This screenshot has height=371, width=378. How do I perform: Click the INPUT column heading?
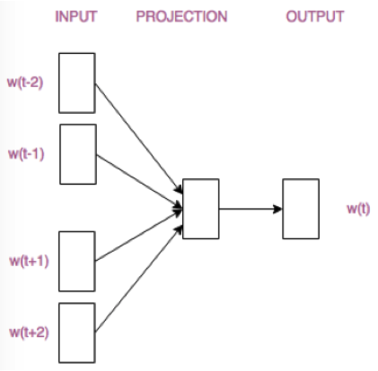point(76,17)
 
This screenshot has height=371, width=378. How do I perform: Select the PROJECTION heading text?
point(181,17)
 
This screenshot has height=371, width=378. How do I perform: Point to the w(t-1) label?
point(26,153)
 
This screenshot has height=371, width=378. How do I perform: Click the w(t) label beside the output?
point(358,209)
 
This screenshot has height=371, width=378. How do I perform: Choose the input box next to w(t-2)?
point(77,82)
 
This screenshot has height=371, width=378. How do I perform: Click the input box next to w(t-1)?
point(77,154)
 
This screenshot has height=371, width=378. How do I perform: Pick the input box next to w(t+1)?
point(77,261)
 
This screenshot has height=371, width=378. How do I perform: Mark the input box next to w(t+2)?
point(77,332)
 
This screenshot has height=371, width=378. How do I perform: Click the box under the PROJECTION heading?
point(200,209)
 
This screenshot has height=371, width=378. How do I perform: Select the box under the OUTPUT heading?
point(300,209)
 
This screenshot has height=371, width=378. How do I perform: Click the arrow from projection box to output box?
point(250,210)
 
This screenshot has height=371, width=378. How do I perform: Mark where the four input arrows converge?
point(180,209)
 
